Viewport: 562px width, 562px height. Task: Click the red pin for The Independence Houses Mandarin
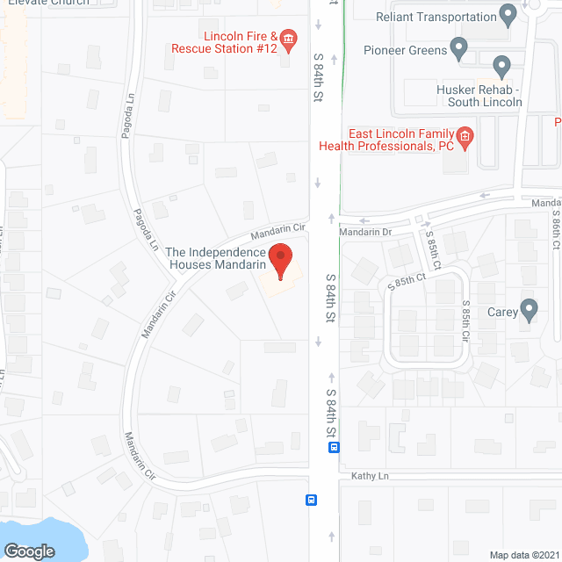280,260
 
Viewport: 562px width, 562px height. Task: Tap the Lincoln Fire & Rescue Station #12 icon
289,38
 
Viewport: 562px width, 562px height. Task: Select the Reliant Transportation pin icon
508,14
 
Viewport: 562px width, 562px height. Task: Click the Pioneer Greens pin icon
458,48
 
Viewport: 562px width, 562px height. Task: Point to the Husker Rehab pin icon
501,66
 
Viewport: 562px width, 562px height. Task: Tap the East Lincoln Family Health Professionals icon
465,136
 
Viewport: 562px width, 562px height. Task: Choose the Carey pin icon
528,310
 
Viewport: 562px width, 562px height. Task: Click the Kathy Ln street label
369,476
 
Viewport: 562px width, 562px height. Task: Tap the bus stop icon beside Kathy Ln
311,500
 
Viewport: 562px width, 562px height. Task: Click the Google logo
28,551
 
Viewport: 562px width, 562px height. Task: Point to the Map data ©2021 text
523,554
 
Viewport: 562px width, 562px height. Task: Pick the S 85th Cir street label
466,324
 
